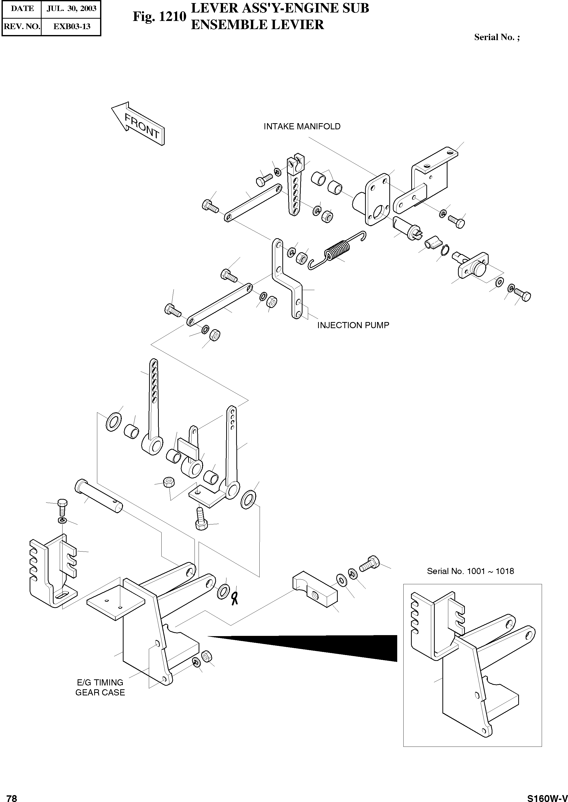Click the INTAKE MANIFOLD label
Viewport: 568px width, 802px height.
coord(302,126)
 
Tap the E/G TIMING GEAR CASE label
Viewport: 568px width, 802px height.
coord(100,687)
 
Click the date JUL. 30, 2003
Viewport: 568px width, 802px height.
coord(71,8)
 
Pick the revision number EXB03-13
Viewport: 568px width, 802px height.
coord(71,26)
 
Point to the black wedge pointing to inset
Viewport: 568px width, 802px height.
coord(336,648)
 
